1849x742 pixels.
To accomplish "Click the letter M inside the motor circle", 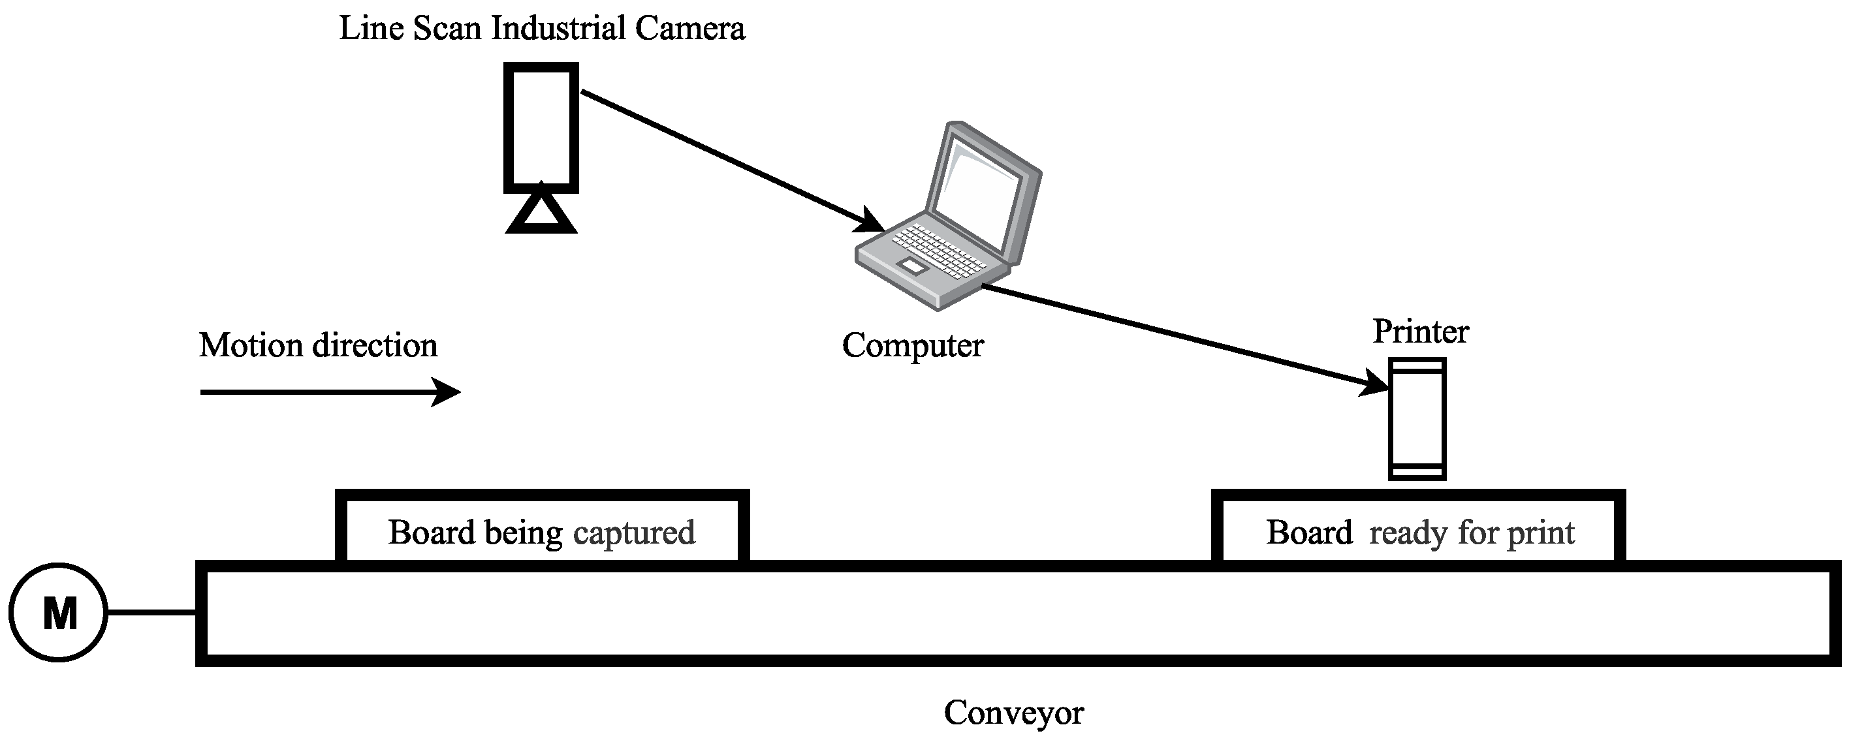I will coord(59,614).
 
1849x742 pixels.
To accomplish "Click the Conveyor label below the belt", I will coord(1013,713).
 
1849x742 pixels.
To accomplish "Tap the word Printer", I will coord(1421,332).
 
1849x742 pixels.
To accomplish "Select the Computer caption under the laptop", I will coord(912,345).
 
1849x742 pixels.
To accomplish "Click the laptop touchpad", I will coord(911,266).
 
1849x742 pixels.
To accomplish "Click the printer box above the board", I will coord(1417,419).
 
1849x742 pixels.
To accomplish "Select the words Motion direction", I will coord(318,346).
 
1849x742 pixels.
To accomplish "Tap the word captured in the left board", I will coord(634,533).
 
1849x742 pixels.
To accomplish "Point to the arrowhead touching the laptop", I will coord(870,222).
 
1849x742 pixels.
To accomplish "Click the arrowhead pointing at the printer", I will coord(1375,384).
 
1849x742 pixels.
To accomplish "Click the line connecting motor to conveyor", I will coord(151,612).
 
